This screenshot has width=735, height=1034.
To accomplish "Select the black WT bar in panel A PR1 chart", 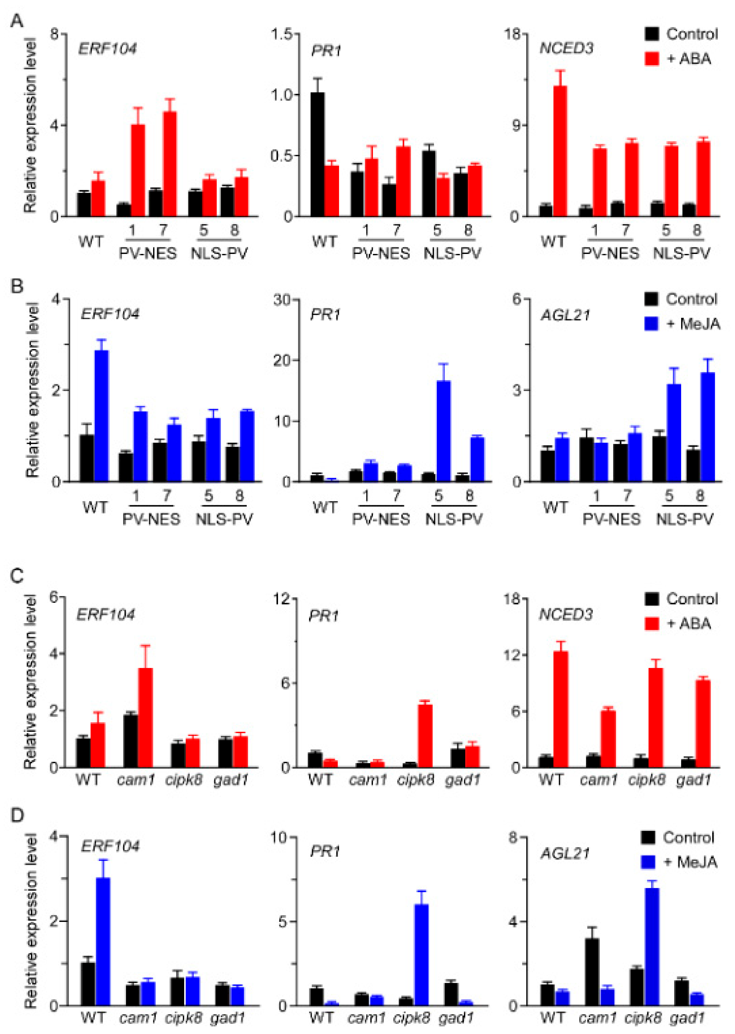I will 318,154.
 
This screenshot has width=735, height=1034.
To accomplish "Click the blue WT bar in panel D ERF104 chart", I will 103,941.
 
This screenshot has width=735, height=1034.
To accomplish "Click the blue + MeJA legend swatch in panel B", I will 652,323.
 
